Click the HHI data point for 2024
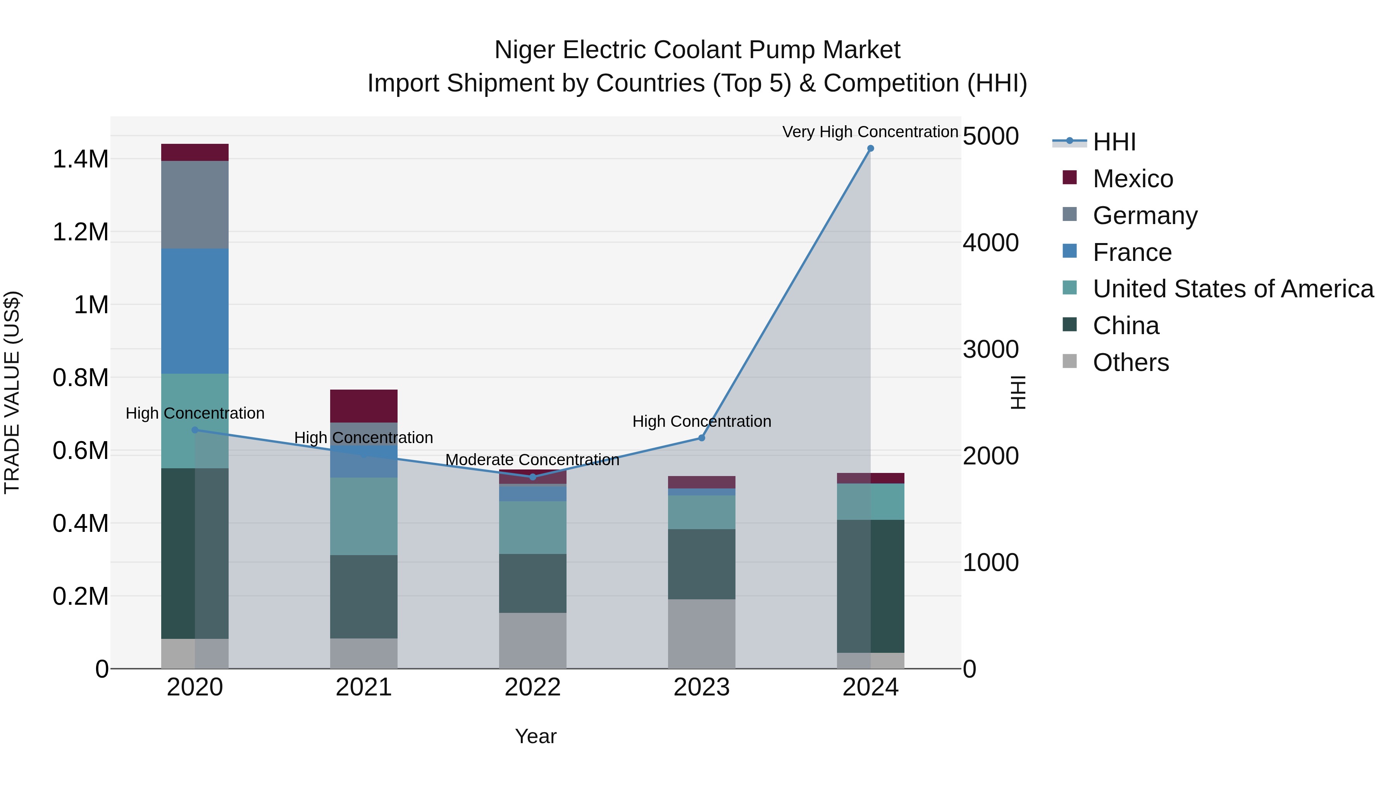[870, 148]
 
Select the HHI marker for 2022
[532, 477]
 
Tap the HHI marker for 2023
[701, 438]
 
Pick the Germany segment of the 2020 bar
[195, 205]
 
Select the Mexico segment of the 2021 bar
[363, 406]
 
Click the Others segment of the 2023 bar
[701, 633]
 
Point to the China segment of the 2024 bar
[870, 586]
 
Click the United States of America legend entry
[1233, 289]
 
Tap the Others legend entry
[1130, 362]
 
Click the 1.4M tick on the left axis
[81, 159]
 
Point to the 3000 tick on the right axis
[990, 349]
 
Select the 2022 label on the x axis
[532, 687]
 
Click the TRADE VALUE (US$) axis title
[12, 392]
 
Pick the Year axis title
[536, 736]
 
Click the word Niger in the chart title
[524, 50]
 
